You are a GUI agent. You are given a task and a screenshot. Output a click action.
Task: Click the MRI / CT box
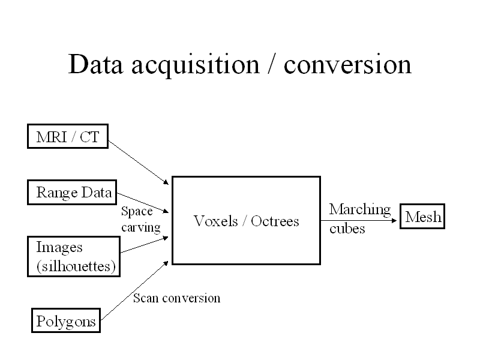tap(68, 138)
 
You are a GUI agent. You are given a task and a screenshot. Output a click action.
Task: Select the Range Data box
tap(73, 193)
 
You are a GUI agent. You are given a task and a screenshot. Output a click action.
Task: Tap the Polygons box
tap(65, 321)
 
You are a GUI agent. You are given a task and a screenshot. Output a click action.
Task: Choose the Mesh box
tap(423, 217)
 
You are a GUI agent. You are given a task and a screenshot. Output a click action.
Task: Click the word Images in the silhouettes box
tap(59, 247)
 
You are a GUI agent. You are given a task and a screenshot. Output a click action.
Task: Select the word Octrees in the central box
tap(275, 221)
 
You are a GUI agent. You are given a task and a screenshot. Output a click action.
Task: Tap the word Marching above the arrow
tap(359, 209)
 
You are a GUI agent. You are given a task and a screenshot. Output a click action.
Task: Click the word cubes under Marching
tap(347, 229)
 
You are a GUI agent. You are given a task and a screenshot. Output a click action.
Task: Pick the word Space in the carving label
tap(137, 211)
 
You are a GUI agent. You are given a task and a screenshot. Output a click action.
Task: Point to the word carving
tap(140, 227)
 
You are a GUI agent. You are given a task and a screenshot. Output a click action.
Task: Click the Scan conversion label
tap(176, 298)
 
